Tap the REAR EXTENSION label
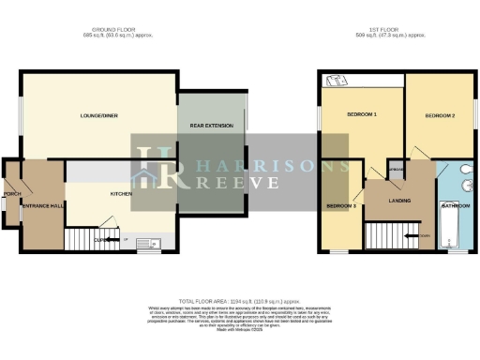click(x=211, y=125)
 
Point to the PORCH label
click(x=12, y=194)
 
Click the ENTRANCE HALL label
click(x=42, y=204)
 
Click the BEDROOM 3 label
click(x=341, y=204)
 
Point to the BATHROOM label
click(x=457, y=204)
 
